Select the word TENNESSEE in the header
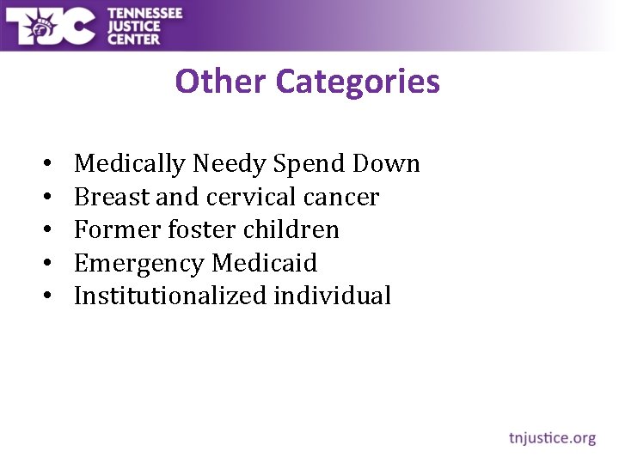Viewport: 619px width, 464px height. coord(145,12)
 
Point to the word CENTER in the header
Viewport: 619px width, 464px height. coord(133,39)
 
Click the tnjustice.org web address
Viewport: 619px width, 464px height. coord(551,438)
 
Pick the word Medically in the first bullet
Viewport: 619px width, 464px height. coord(130,163)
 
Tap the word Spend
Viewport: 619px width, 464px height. coord(303,163)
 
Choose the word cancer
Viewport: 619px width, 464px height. coord(341,197)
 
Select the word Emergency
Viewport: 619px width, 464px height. coord(139,263)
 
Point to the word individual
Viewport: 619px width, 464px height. coord(333,296)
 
